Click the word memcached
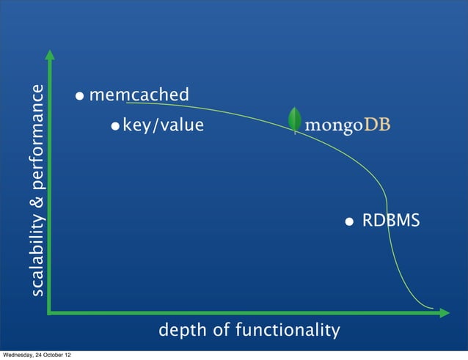click(139, 95)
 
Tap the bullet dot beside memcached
click(79, 96)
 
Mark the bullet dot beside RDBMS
click(351, 221)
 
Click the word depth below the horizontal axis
click(180, 331)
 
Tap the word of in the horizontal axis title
click(220, 331)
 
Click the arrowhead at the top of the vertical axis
click(49, 55)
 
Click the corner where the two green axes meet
click(49, 313)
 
